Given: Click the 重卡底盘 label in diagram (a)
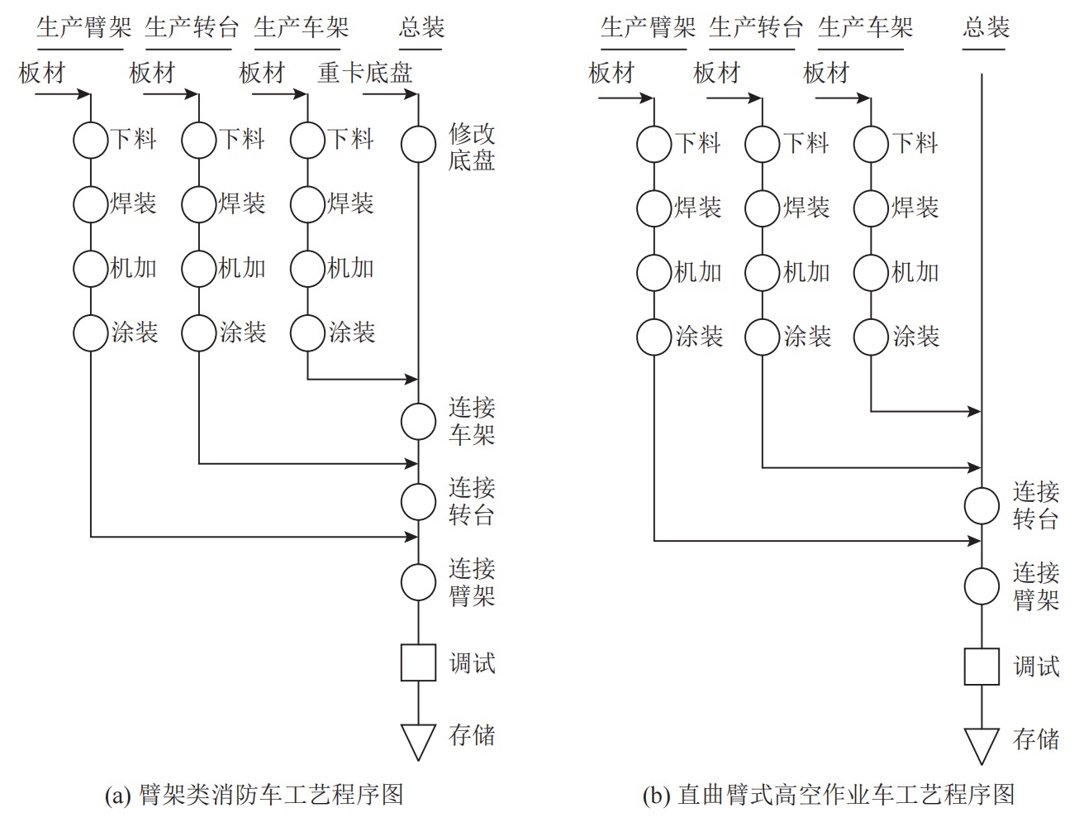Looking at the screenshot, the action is click(x=365, y=73).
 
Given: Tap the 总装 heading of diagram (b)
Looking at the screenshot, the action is click(x=986, y=27).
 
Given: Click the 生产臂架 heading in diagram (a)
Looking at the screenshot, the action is click(x=84, y=27).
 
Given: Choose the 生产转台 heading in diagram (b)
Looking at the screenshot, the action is click(x=756, y=27).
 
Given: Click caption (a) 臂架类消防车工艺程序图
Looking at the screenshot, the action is click(x=254, y=796).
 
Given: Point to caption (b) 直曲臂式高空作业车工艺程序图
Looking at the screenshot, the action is click(x=828, y=796).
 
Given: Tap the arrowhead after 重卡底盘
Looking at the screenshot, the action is click(x=411, y=93).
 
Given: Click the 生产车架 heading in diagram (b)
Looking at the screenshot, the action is click(x=865, y=27).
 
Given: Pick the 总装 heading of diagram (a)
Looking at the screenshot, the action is click(x=421, y=27).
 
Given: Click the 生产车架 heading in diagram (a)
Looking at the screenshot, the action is click(x=301, y=27).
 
